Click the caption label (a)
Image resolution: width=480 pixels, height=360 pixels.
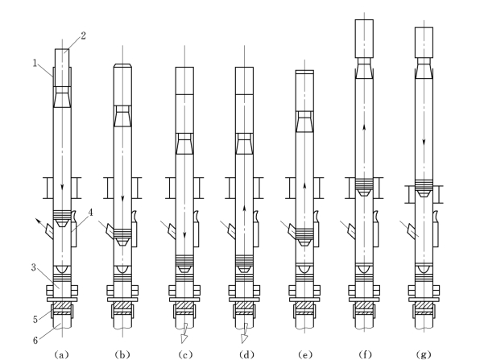61,354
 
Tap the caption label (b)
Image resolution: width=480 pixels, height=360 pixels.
122,354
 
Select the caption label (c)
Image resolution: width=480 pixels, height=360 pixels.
185,354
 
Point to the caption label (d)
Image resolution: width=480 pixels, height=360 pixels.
246,354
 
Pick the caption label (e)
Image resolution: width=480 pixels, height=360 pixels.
305,354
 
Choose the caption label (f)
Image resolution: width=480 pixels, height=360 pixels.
365,354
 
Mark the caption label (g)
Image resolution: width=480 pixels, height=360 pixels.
424,354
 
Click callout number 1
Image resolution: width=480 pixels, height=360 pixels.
35,63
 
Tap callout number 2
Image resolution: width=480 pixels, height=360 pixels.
83,35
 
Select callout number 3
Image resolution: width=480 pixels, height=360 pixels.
34,267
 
